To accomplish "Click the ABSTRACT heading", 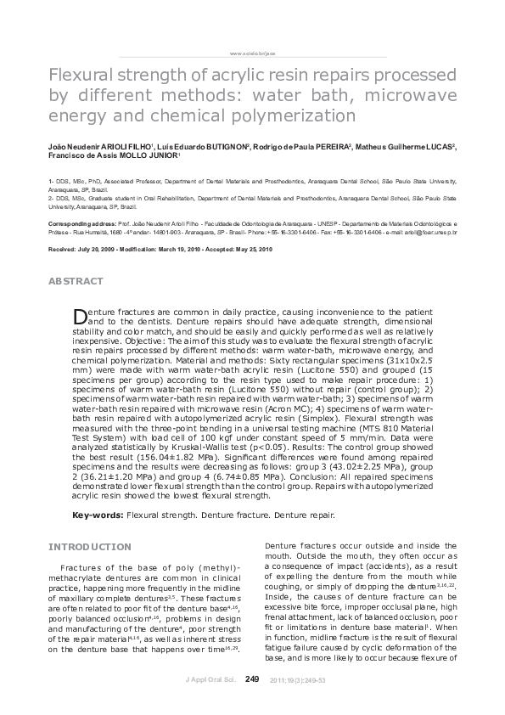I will pyautogui.click(x=76, y=281).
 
